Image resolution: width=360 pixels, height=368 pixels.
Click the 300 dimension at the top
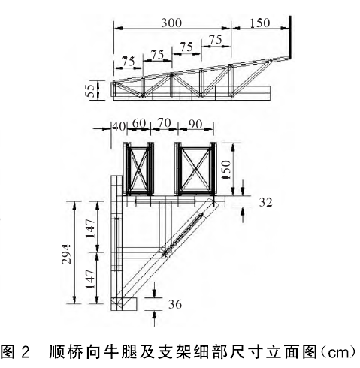point(171,23)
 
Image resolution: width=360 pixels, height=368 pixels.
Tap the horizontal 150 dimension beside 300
point(260,23)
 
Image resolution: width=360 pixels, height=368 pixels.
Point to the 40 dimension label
point(119,126)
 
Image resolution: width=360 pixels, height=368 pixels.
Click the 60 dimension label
point(139,123)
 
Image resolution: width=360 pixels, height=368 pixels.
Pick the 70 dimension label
point(164,123)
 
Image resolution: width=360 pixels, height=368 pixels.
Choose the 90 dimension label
point(195,124)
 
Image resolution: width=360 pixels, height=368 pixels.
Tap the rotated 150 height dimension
point(226,170)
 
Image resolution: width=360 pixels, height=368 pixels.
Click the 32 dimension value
point(265,202)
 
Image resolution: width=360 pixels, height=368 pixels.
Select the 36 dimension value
point(175,304)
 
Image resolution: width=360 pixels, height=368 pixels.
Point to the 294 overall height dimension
point(67,254)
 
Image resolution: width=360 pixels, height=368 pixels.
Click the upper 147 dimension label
point(90,228)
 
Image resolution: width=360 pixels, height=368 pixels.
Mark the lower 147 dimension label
point(90,279)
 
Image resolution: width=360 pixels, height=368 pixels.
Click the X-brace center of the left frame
point(138,169)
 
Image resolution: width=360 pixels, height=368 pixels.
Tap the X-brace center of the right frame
point(195,169)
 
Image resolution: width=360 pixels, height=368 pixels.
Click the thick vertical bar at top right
point(290,38)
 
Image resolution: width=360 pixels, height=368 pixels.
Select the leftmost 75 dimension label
point(129,62)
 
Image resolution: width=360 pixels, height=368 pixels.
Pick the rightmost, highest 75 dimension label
point(216,40)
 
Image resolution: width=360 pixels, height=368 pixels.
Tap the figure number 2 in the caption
point(26,352)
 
